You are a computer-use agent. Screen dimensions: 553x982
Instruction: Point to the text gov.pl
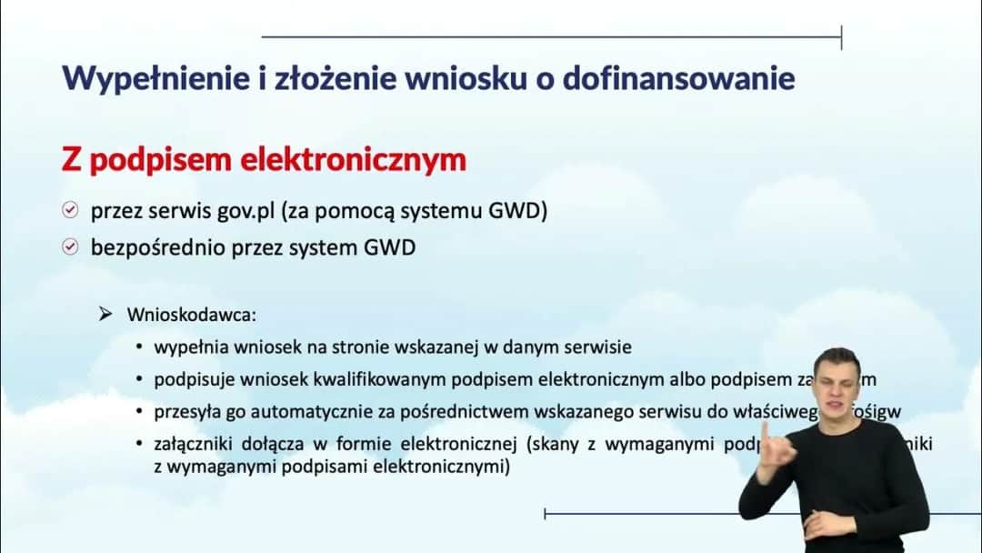click(244, 211)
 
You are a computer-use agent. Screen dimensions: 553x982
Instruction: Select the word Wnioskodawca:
click(192, 315)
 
